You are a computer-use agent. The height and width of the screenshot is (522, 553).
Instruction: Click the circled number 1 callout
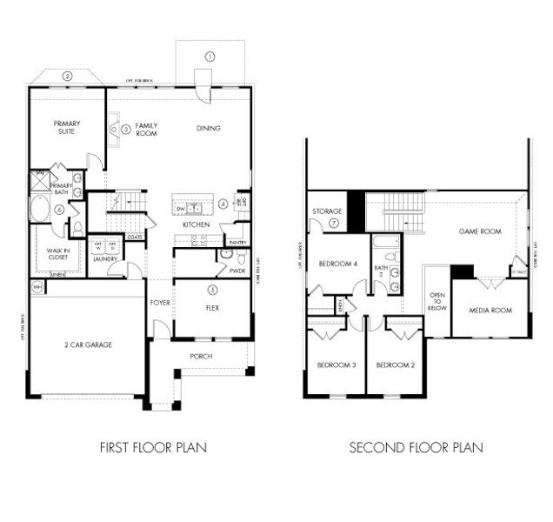point(210,56)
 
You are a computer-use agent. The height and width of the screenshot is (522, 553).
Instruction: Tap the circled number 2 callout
point(66,76)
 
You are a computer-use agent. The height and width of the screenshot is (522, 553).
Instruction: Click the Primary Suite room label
point(66,127)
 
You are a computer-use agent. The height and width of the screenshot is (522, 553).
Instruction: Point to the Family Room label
point(146,130)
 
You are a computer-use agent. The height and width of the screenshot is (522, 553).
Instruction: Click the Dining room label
point(208,128)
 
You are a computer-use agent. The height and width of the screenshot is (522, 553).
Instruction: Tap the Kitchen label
point(195,225)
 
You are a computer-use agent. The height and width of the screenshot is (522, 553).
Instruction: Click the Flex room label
point(211,307)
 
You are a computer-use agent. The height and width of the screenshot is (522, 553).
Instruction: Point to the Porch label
point(201,356)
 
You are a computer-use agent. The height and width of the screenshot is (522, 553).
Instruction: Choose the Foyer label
point(160,303)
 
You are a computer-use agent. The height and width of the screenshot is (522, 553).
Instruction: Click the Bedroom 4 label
point(337,264)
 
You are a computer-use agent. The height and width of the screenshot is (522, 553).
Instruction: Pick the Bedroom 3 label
point(336,365)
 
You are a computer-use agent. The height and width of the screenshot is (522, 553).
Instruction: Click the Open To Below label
point(437,301)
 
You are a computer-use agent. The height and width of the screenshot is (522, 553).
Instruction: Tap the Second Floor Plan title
point(416,448)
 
